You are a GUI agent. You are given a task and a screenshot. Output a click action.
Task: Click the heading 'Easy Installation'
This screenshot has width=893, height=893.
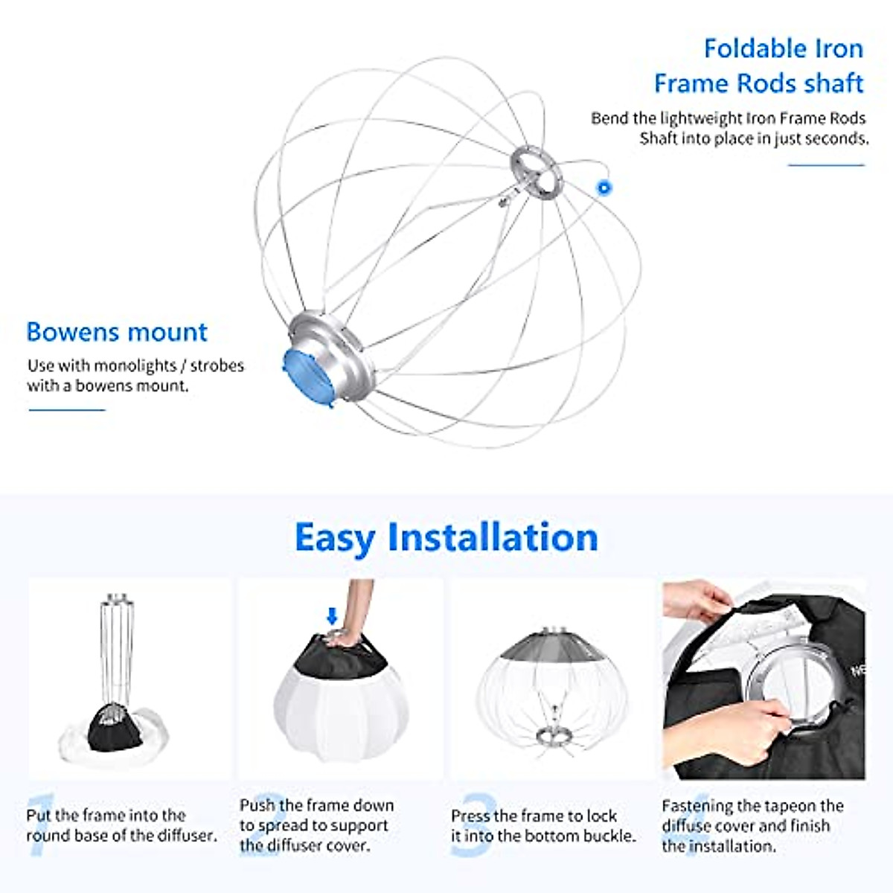coord(446,537)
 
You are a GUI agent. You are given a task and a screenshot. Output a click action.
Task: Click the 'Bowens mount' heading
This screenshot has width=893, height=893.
coord(117,332)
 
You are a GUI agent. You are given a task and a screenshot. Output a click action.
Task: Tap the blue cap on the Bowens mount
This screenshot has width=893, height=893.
coord(307,370)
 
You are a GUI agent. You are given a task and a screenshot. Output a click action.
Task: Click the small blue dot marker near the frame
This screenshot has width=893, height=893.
coord(604,188)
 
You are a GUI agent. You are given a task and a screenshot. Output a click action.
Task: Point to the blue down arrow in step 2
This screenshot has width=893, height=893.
coord(332,616)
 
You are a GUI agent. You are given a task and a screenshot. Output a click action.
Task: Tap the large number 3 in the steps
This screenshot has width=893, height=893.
coord(474,825)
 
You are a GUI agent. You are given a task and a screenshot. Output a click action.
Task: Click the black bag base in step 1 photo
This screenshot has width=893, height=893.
coord(113,729)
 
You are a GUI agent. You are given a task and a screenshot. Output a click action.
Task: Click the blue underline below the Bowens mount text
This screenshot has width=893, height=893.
coord(67,409)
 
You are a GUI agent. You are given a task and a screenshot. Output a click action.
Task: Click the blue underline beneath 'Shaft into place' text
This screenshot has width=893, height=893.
coord(826,164)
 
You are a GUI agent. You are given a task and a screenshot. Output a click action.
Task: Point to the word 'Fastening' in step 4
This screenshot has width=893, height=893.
coord(697,806)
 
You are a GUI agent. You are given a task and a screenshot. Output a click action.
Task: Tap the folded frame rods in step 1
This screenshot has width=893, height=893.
coord(116,647)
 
